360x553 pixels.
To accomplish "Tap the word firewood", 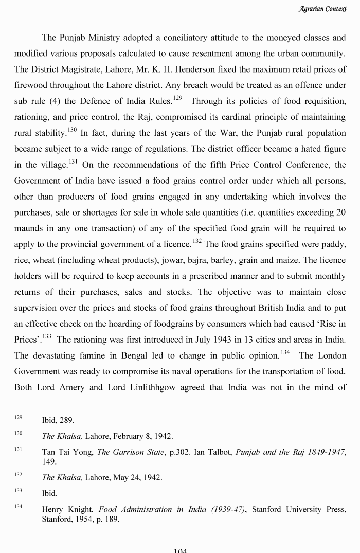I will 32,85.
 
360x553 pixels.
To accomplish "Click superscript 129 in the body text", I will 177,98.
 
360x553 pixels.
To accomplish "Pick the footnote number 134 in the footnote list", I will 18,507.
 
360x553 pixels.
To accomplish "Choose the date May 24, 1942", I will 136,478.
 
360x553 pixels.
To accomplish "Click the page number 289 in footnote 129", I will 66,420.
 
